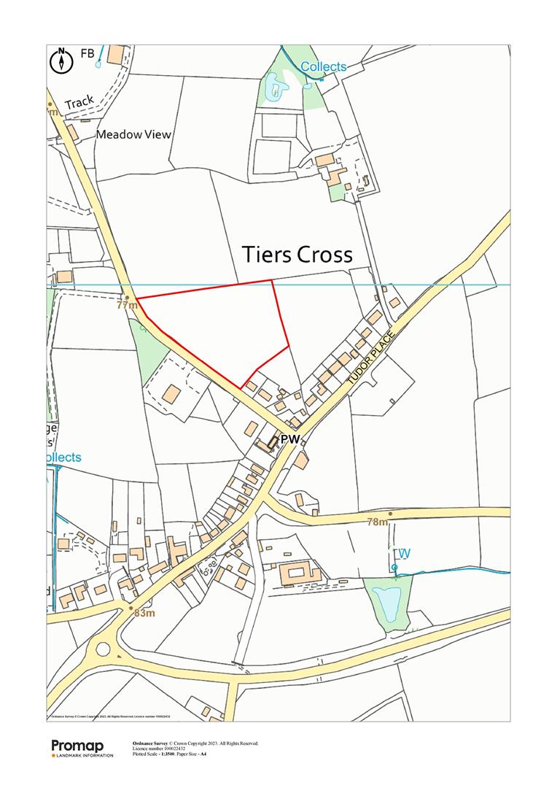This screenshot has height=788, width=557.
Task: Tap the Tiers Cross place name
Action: (297, 255)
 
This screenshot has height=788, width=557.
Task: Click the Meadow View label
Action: (133, 134)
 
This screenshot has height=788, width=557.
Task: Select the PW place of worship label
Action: (290, 440)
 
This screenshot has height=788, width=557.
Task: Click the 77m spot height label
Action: (127, 305)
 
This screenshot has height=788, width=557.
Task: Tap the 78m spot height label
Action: (377, 522)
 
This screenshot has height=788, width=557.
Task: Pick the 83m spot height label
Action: (144, 613)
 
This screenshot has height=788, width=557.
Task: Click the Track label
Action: (79, 104)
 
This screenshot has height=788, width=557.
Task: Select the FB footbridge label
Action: (87, 53)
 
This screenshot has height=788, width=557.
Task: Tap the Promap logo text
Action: (77, 746)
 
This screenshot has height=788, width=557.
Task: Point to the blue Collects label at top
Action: (324, 67)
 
